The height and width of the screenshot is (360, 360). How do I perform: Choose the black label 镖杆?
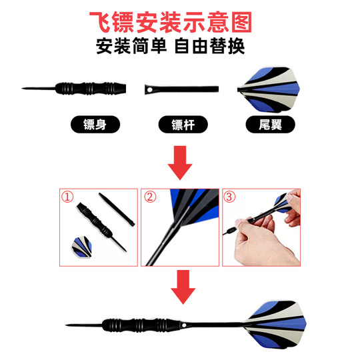tap(180, 123)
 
